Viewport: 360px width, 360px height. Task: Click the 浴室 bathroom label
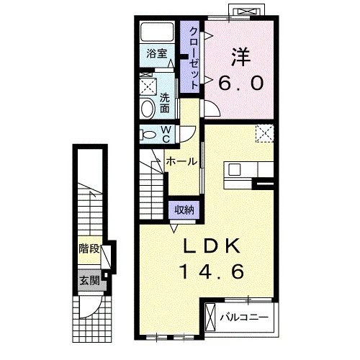coord(157,53)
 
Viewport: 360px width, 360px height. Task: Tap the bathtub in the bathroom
coord(157,32)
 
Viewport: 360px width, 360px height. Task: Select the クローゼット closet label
coord(194,58)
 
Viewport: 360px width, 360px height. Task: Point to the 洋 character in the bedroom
coord(241,57)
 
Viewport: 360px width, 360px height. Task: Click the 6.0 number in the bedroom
coord(241,83)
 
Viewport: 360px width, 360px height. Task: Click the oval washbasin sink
coord(148,109)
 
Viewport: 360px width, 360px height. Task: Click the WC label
coord(166,135)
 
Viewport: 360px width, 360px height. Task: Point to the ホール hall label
coord(181,161)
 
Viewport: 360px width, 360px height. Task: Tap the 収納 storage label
coord(184,210)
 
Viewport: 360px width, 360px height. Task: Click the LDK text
coord(212,246)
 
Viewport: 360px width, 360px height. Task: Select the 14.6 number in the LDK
coord(212,271)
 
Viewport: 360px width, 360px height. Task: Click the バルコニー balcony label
coord(244,318)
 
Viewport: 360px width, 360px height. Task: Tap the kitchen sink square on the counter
coord(234,170)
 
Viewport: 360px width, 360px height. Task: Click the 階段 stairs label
coord(89,249)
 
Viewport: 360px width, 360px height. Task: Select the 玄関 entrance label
coord(89,280)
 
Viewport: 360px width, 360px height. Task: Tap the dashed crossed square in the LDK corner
coord(265,133)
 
